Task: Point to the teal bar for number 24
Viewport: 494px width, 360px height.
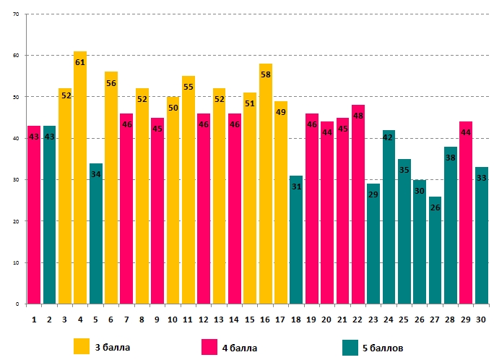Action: tap(388, 217)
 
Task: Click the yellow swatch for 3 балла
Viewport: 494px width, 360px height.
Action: tap(82, 347)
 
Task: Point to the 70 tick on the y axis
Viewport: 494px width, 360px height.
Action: tap(16, 14)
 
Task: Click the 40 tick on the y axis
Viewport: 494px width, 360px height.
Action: tap(16, 139)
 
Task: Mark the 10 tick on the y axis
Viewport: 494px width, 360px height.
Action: tap(16, 263)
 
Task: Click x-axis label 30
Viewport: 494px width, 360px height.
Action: tap(481, 318)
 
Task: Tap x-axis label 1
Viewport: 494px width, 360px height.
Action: tap(34, 318)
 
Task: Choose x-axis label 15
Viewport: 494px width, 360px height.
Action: tap(250, 318)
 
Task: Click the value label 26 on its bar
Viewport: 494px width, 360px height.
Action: tap(434, 207)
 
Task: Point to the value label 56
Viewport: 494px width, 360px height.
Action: tap(111, 83)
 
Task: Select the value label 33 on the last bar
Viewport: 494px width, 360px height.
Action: tap(480, 178)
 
